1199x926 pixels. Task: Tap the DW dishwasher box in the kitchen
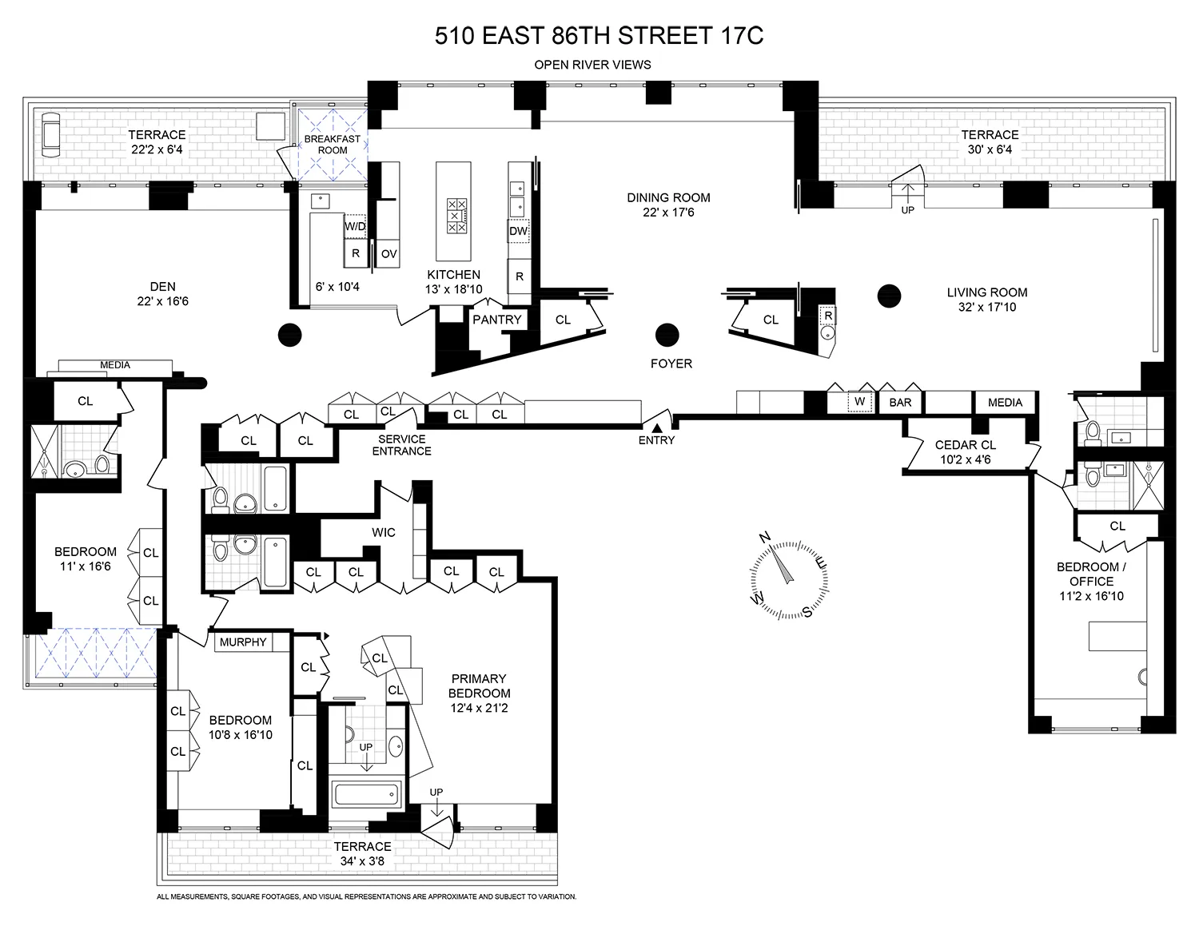(x=519, y=232)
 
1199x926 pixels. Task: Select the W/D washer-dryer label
(x=355, y=226)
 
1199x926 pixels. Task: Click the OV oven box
(x=388, y=254)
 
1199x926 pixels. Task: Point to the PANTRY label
(x=496, y=320)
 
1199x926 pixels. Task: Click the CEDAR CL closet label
(x=966, y=445)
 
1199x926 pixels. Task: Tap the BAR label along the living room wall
(x=900, y=402)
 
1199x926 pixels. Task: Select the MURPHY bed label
(x=243, y=642)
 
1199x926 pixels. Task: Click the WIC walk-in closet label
(x=384, y=532)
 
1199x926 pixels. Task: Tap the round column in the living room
(x=889, y=296)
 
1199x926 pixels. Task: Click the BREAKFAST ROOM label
(x=333, y=144)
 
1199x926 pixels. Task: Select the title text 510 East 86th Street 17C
(x=599, y=36)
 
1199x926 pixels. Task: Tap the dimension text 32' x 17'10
(x=987, y=307)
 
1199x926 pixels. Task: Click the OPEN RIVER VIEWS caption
(x=592, y=65)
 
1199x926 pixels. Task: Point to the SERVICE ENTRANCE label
(x=401, y=445)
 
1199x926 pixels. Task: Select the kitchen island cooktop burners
(x=457, y=215)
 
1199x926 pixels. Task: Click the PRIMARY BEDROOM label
(x=479, y=686)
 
